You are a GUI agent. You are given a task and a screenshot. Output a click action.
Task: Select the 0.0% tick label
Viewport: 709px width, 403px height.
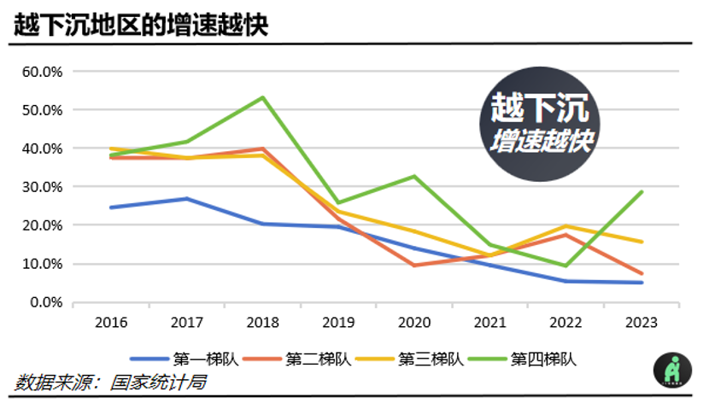[46, 302]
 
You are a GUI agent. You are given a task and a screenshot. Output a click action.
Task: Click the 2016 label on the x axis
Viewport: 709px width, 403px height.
[110, 322]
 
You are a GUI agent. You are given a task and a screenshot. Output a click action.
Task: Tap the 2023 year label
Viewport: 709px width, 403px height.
[642, 322]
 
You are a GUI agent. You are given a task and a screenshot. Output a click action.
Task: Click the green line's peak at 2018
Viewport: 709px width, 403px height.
[262, 97]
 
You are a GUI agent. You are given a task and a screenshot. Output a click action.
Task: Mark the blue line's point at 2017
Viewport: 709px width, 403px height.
[186, 199]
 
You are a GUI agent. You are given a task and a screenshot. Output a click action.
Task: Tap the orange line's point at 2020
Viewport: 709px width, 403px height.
[413, 266]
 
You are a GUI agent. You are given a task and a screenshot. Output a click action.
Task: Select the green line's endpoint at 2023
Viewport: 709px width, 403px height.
[642, 192]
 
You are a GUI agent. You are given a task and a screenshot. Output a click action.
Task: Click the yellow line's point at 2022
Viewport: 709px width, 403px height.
[565, 226]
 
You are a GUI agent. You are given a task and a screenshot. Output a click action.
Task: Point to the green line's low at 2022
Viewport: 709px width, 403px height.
[565, 266]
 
